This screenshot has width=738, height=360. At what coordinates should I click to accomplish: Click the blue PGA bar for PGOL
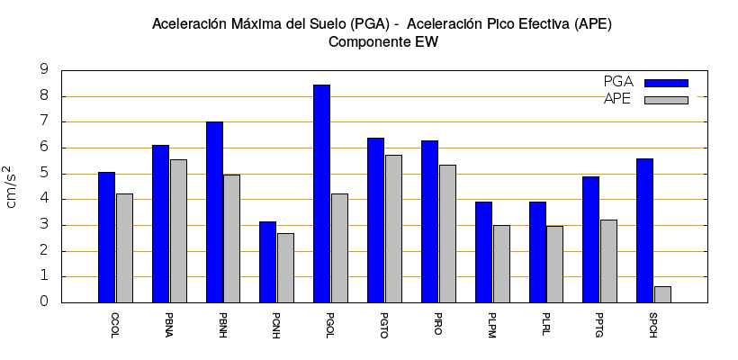point(321,193)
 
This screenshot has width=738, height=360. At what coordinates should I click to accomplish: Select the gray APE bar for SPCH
point(662,294)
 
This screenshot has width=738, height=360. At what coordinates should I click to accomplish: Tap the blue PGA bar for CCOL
point(106,237)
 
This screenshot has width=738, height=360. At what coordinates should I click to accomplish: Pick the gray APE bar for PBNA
point(178,230)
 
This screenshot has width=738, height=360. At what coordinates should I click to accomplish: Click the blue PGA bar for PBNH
point(214,211)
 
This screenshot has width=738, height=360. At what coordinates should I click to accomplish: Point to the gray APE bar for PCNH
point(285,267)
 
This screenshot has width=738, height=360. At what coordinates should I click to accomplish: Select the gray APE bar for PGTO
point(393,229)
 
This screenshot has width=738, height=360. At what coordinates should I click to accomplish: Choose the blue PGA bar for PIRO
point(429,221)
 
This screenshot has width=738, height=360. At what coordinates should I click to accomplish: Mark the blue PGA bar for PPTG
point(590,239)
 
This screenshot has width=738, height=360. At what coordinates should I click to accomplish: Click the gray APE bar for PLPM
point(501,264)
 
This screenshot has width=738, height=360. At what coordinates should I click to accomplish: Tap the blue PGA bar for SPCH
point(644,230)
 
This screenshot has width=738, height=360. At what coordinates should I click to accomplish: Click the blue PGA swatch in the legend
point(666,83)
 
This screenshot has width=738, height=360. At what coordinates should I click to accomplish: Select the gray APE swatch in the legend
point(666,100)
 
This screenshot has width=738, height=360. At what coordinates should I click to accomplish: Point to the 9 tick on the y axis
point(44,69)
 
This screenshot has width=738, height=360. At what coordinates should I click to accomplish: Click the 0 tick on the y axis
point(44,302)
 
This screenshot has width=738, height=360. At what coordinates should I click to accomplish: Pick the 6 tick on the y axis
point(44,148)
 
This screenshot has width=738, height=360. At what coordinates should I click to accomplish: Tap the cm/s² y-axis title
point(12,186)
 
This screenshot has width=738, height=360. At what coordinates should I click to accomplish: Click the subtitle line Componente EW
point(382,42)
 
